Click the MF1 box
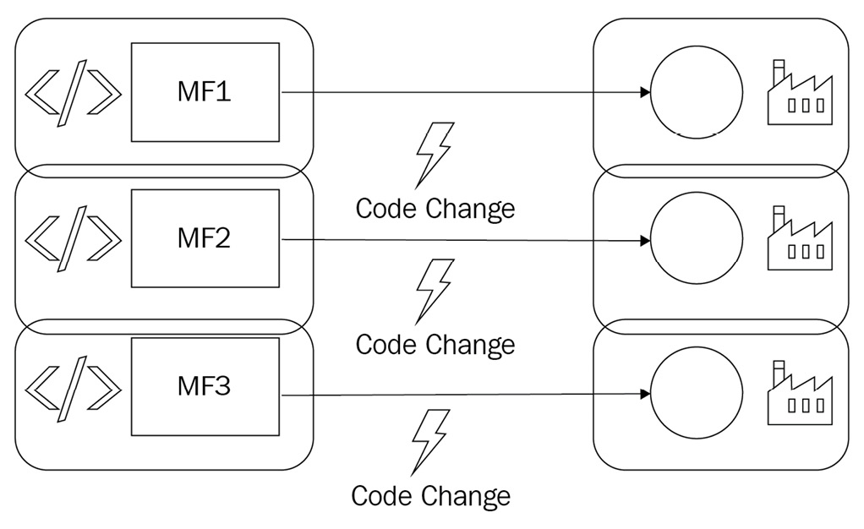[205, 91]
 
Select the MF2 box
[205, 238]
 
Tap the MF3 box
[205, 386]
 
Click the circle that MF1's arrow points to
[697, 92]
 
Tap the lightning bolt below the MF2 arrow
[434, 291]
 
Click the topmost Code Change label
[435, 208]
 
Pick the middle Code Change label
[435, 345]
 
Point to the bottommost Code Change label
[430, 495]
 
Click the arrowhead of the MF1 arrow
[645, 92]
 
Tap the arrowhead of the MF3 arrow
[645, 395]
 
